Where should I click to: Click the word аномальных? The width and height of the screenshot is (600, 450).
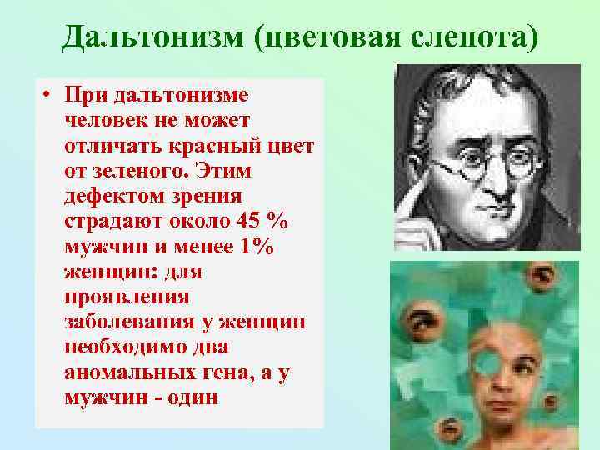[x=123, y=373]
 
